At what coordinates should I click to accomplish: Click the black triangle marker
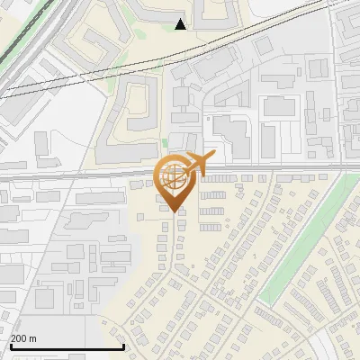pyautogui.click(x=181, y=23)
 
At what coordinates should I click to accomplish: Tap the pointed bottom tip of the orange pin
pyautogui.click(x=175, y=211)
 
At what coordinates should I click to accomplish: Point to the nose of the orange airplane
pyautogui.click(x=213, y=157)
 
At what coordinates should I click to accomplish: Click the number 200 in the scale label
pyautogui.click(x=18, y=338)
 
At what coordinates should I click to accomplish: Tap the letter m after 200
pyautogui.click(x=33, y=338)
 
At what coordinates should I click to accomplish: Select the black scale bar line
pyautogui.click(x=67, y=346)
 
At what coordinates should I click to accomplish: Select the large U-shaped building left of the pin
pyautogui.click(x=126, y=112)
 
